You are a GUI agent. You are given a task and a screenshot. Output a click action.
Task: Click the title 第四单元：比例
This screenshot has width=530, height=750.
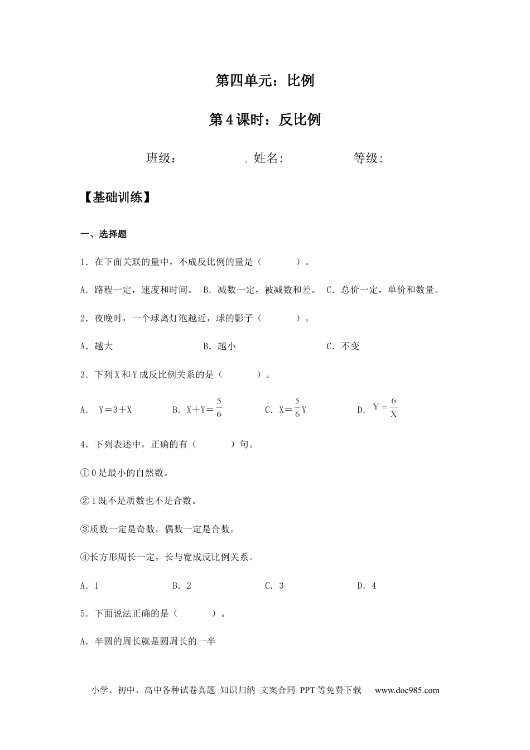264,80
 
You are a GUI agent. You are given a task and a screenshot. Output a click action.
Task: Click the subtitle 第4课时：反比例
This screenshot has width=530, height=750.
264,119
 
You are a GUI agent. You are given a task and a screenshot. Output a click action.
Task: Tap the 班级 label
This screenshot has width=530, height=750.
161,158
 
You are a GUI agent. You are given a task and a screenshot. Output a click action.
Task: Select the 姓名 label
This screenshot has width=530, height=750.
268,158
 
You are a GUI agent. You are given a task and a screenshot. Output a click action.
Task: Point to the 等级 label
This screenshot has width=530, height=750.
368,158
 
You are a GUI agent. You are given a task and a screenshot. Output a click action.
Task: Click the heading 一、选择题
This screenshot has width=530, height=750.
104,234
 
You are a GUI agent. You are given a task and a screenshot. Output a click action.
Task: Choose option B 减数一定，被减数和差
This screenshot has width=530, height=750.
261,290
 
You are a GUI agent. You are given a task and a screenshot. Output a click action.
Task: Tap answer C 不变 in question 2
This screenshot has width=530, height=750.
343,347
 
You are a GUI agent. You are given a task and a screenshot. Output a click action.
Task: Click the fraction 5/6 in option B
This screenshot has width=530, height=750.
219,408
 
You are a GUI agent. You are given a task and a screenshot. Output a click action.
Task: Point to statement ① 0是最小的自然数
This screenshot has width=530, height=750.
124,473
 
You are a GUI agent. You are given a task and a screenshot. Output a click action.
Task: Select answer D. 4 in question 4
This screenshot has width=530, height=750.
367,585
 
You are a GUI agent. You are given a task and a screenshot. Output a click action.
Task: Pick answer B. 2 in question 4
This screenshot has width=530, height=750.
182,585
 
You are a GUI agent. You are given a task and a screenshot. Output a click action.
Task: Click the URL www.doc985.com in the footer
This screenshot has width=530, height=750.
407,690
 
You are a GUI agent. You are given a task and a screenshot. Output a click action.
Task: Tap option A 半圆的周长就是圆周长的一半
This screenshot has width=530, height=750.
148,642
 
